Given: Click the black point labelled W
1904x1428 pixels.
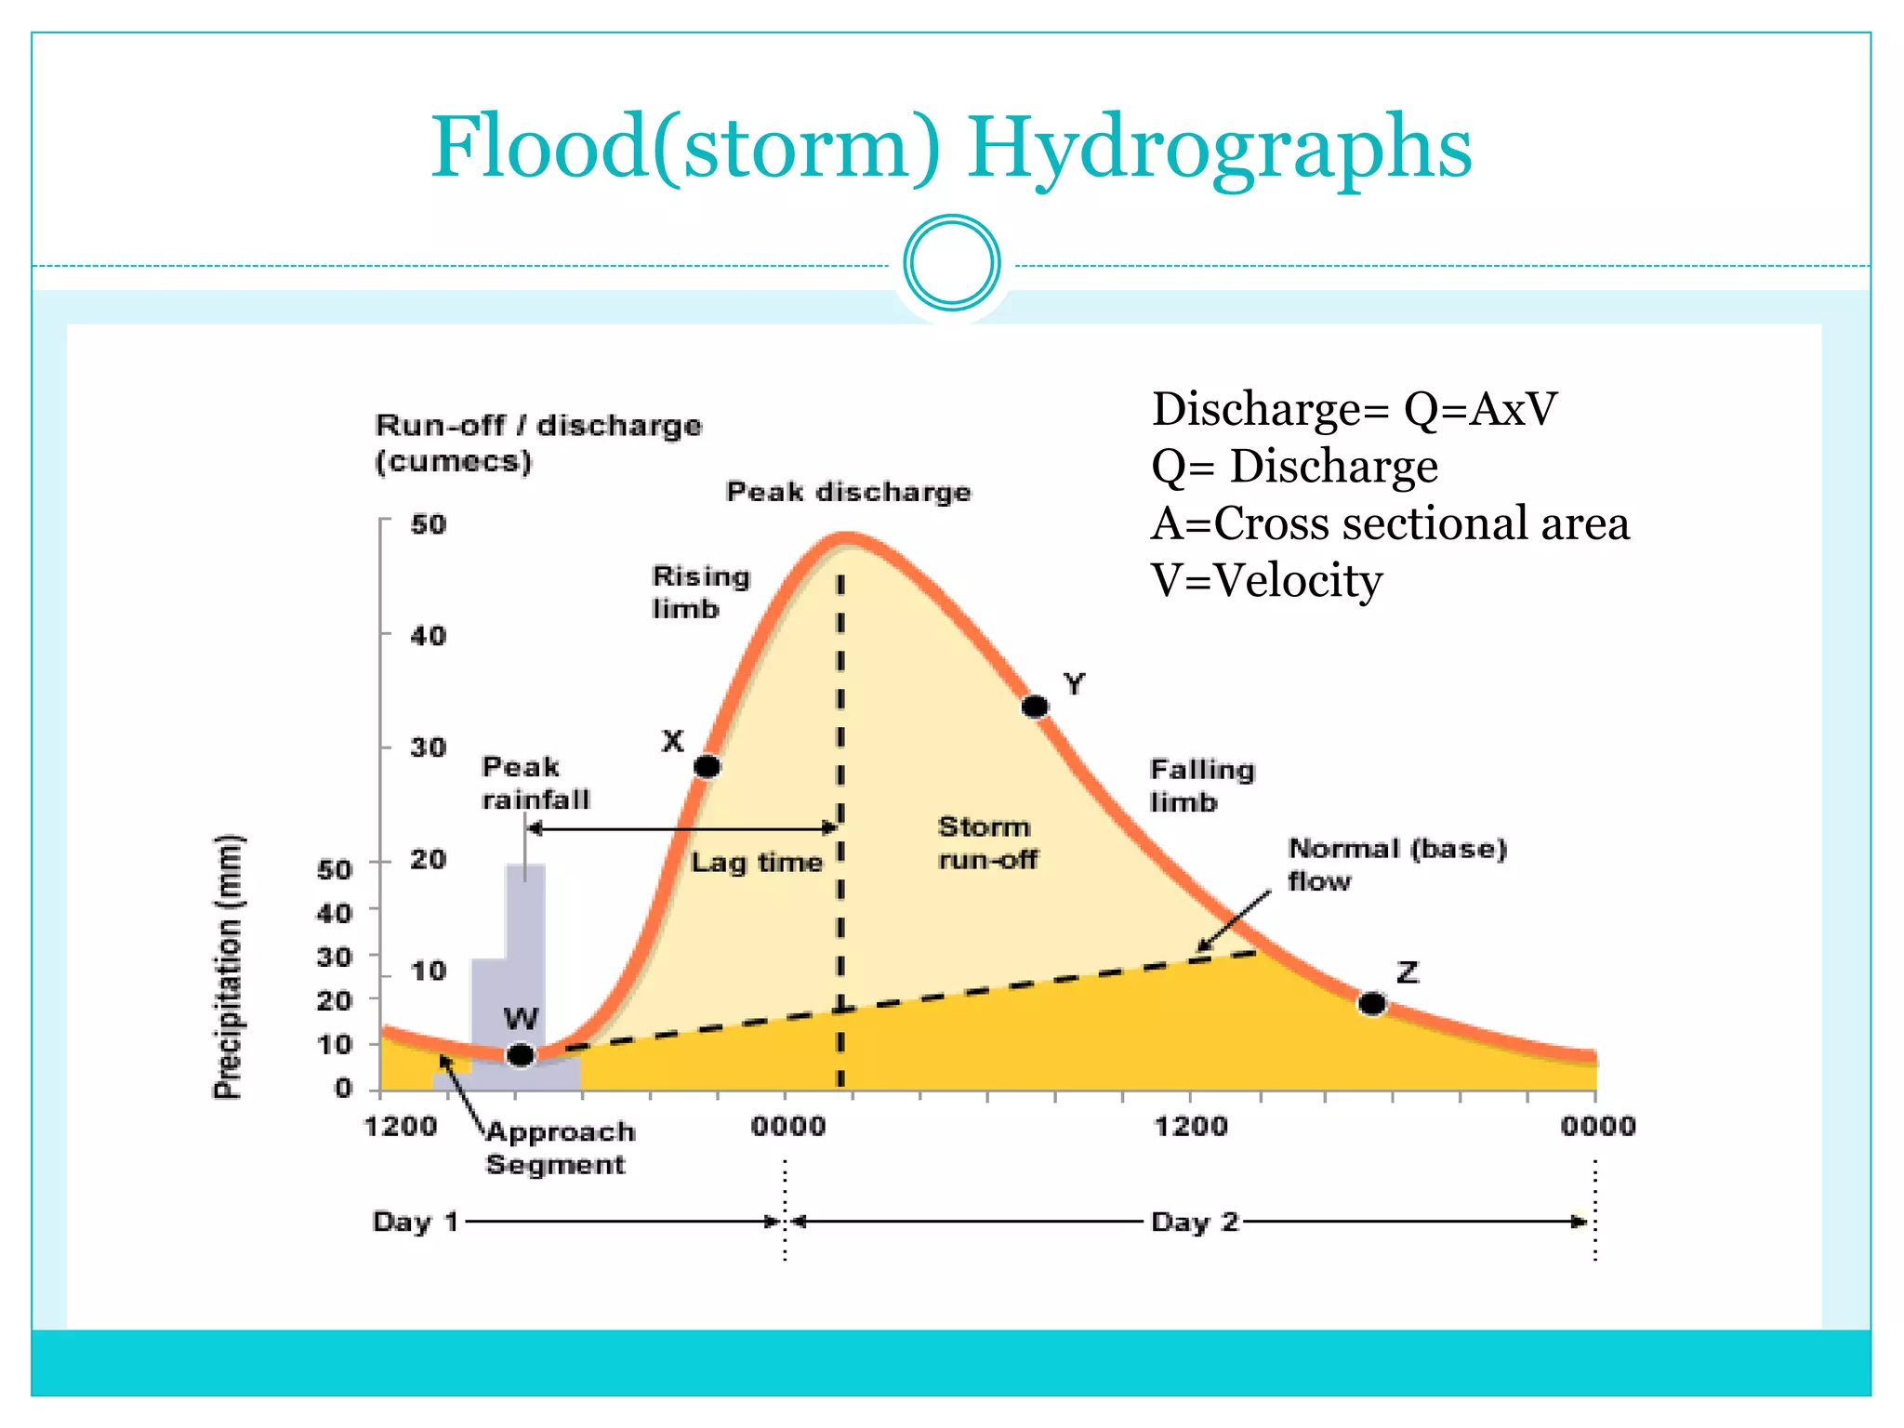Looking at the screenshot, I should click(x=521, y=1055).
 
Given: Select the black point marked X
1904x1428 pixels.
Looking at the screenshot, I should click(x=707, y=767).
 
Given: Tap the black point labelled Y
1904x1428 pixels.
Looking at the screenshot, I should click(x=1035, y=707).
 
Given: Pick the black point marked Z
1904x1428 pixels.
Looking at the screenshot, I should click(x=1372, y=1004).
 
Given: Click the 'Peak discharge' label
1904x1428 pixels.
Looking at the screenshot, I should click(x=848, y=492).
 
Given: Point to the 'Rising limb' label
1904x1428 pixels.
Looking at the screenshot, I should click(x=700, y=592).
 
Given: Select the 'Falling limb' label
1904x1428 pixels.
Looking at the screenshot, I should click(x=1201, y=786).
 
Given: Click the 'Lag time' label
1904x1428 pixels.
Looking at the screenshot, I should click(x=756, y=863).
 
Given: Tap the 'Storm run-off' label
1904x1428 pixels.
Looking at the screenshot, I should click(x=987, y=843).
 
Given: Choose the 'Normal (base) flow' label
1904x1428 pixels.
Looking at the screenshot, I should click(x=1395, y=864).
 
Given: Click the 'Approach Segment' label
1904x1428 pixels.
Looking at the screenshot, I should click(x=560, y=1148).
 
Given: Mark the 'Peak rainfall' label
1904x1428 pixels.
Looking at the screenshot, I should click(x=535, y=783).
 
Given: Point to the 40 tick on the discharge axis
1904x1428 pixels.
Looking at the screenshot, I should click(x=428, y=636).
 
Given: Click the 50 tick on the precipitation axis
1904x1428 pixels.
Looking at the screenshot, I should click(x=334, y=869).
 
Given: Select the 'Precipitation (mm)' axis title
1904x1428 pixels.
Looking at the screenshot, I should click(x=228, y=967).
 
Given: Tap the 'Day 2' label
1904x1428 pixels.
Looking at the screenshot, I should click(x=1195, y=1222).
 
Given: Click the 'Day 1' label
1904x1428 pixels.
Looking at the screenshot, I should click(x=415, y=1222).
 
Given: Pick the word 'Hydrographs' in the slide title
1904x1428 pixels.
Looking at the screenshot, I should click(x=1219, y=149).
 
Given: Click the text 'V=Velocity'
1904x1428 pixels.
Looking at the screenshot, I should click(x=1266, y=581).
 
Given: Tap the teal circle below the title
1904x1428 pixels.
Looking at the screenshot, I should click(x=952, y=263).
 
